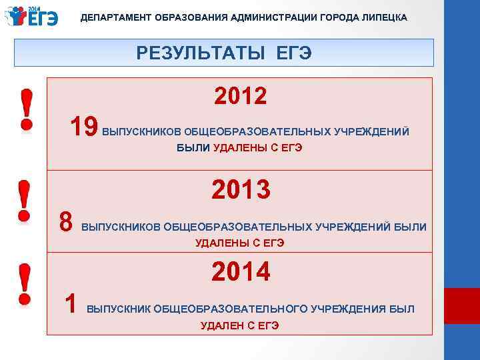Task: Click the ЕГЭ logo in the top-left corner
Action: click(33, 17)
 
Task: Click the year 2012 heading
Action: click(241, 97)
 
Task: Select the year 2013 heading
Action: click(241, 189)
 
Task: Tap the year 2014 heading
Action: click(241, 272)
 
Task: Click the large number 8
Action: click(65, 222)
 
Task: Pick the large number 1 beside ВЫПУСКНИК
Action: click(70, 304)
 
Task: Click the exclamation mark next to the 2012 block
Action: click(25, 110)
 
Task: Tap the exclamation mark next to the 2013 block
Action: click(25, 200)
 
